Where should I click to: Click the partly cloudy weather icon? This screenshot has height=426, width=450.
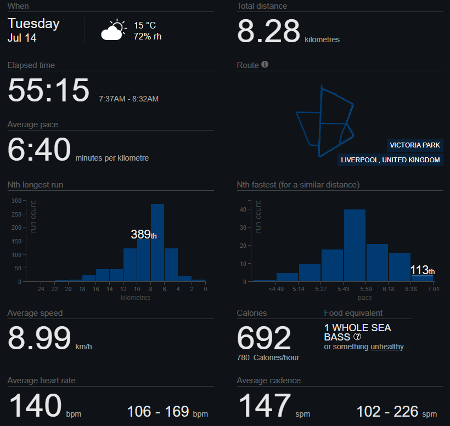pos(114,30)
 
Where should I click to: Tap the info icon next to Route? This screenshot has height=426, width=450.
pos(265,65)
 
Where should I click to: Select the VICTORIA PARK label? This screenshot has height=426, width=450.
pos(415,145)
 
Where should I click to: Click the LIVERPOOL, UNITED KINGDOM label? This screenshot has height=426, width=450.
pos(390,160)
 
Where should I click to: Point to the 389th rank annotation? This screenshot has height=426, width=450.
pos(144,235)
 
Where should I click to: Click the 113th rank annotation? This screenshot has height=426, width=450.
pos(422,270)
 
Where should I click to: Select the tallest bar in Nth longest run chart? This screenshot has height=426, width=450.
pos(157,242)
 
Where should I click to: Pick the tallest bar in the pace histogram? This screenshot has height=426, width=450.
pos(355,246)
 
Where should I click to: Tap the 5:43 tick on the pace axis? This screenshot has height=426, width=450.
pos(343,289)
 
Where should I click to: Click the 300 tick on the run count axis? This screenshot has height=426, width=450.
pos(16,201)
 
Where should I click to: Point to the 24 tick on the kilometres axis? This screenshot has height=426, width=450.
pos(41,289)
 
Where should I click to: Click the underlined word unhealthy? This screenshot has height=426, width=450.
pos(387,347)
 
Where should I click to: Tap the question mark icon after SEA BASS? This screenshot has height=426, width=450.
pos(357,337)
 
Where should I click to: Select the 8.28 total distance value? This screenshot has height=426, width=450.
pos(268,31)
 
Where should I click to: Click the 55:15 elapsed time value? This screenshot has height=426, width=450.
pos(48,90)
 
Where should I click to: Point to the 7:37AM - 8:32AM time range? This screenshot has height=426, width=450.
pos(128,99)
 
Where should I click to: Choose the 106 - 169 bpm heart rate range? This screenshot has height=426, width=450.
pos(167,412)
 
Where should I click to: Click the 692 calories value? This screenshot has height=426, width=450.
pos(264,338)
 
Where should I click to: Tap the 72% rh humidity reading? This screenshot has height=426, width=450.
pos(148,36)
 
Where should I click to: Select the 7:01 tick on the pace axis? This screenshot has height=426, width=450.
pos(433,289)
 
